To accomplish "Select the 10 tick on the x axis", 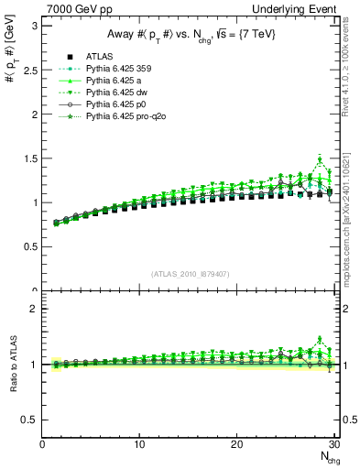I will [139, 444].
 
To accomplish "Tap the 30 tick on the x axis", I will [333, 444].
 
